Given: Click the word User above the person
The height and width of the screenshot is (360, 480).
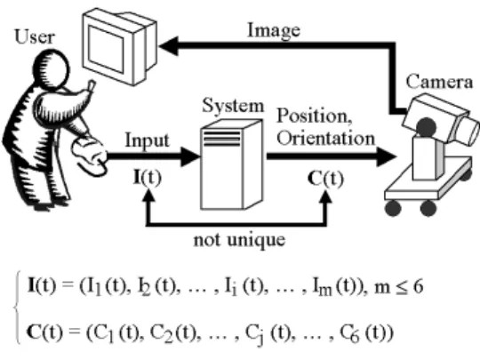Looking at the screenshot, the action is tap(35, 36).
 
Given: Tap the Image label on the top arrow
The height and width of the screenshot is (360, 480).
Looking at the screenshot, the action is tap(274, 31).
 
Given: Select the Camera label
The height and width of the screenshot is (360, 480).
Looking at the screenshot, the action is tap(439, 82).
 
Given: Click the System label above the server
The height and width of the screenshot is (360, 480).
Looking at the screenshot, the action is tap(233, 106).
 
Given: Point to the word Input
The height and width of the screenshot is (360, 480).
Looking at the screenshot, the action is tap(148, 140).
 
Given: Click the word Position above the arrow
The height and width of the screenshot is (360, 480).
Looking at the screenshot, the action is tap(315, 116).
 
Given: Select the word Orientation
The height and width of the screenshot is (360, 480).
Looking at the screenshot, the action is tap(325, 138).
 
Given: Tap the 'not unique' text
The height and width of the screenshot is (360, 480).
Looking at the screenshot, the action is tap(239, 240).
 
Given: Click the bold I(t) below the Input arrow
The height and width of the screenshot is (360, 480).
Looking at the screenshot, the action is tap(148, 178).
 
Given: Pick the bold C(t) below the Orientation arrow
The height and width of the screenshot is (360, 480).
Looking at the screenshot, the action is tap(325, 179).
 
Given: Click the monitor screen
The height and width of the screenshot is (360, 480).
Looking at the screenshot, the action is tap(107, 49).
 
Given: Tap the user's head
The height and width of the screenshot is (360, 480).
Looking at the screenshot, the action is tap(51, 69).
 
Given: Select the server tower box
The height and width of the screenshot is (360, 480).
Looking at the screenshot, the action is tap(231, 164).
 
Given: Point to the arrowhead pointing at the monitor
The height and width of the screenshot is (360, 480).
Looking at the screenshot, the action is tap(169, 46).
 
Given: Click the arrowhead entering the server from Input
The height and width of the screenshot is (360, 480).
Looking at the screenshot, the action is tap(190, 156).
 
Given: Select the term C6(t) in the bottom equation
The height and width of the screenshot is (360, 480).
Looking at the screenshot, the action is tap(367, 333).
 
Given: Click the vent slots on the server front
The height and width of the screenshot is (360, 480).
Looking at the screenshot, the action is tap(222, 138).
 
